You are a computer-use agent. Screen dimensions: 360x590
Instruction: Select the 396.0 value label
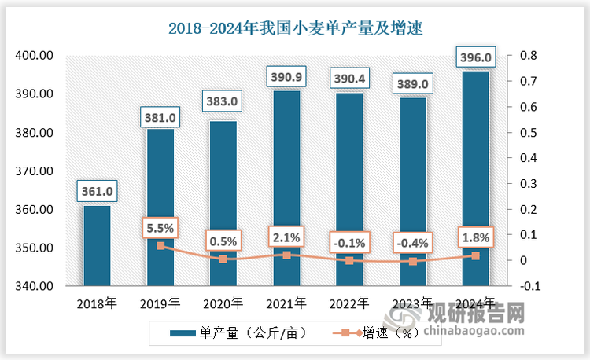[x=475, y=57]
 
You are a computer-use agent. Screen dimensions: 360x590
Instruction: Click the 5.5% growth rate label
[x=160, y=228]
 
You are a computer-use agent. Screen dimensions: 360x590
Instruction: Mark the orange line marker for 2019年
[x=160, y=246]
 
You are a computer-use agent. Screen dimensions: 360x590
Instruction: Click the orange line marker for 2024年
[x=475, y=255]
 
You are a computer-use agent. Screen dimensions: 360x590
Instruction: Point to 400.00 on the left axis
[x=35, y=56]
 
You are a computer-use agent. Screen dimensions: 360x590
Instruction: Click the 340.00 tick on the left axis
[x=35, y=286]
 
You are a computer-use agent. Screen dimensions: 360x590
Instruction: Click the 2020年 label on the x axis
[x=223, y=303]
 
